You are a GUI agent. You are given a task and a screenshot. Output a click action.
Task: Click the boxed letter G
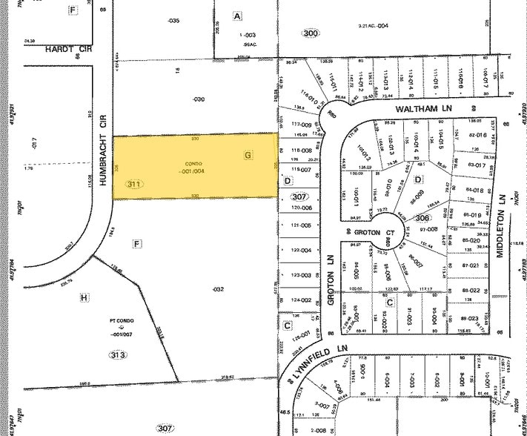248,155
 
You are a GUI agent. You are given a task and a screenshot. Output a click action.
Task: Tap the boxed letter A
237,16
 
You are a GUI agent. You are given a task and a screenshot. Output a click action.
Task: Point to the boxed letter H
84,297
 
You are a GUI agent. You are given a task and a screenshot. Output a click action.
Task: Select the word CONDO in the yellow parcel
193,163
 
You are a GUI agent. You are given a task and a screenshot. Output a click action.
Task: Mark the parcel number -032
217,288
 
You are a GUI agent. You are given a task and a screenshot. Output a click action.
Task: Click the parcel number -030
198,99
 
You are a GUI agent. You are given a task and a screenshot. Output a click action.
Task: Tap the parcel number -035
174,21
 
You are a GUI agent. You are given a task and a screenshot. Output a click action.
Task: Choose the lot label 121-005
300,225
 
